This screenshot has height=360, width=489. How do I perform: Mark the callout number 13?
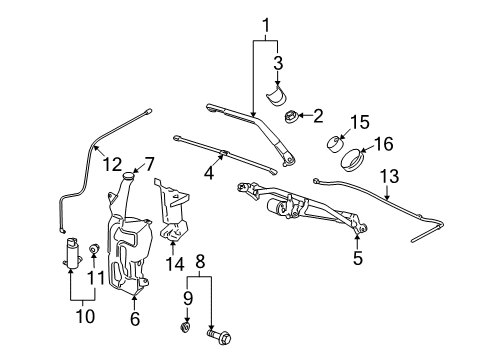388,177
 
